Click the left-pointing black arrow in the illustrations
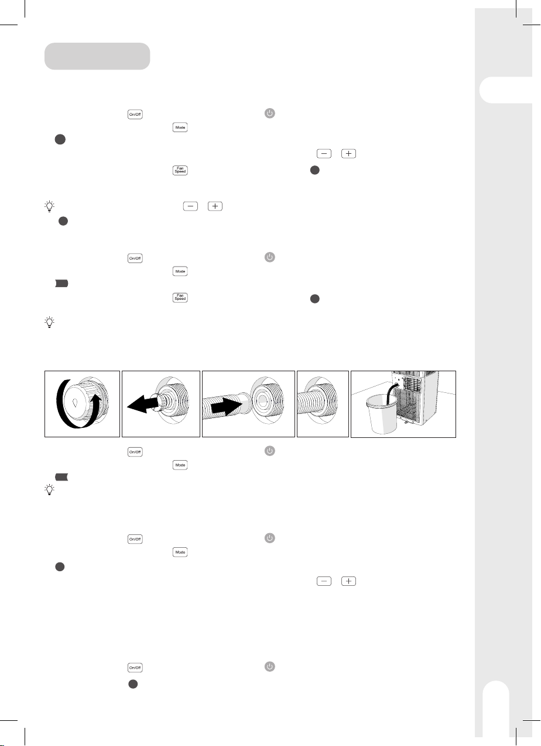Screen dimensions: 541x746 click(142, 405)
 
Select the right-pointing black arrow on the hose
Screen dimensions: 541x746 click(226, 405)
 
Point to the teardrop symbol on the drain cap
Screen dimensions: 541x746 click(76, 402)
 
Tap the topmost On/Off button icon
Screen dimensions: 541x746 click(135, 114)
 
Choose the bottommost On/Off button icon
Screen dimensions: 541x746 click(135, 668)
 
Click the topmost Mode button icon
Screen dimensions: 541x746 click(180, 127)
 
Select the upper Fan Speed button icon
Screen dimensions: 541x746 click(180, 170)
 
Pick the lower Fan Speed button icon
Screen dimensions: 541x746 click(180, 298)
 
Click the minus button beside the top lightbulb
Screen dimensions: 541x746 click(190, 206)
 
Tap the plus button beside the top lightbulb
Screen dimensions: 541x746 click(215, 206)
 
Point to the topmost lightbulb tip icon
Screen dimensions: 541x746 click(49, 206)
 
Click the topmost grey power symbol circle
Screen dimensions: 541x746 click(270, 113)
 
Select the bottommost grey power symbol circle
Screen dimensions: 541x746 click(270, 666)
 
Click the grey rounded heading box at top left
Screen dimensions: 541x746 click(97, 56)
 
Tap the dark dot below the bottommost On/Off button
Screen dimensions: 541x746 click(133, 684)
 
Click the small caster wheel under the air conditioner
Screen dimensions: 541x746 click(406, 423)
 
